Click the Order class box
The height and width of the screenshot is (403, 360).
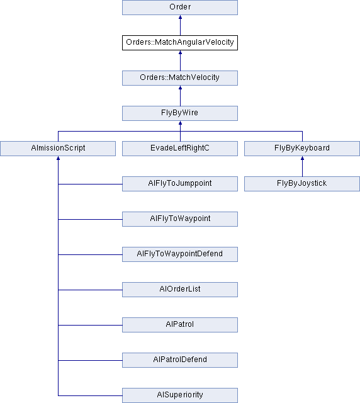pos(180,7)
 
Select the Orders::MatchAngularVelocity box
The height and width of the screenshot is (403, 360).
pos(180,43)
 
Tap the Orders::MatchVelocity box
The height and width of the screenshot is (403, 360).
pos(180,78)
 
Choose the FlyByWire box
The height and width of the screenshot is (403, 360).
pos(180,113)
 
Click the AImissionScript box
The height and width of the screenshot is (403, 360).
pos(58,149)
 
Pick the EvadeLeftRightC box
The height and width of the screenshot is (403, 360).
pos(180,149)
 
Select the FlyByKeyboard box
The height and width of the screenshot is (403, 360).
pos(302,149)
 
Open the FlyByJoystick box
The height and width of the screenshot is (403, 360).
pos(302,184)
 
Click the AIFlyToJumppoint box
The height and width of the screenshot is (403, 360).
pos(180,184)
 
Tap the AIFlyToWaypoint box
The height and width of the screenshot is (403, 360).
pos(180,219)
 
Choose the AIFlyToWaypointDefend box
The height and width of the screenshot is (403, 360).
pos(180,254)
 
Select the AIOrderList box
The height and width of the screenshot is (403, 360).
pos(180,290)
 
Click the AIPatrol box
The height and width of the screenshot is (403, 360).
pos(180,325)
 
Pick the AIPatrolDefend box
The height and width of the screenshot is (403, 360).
pos(180,360)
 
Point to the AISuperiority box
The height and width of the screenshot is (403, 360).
pos(180,395)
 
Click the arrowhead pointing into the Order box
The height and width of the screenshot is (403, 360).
pos(180,17)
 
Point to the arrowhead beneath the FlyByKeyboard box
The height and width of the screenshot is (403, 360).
pos(302,158)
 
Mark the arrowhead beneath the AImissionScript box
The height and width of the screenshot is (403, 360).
pos(58,158)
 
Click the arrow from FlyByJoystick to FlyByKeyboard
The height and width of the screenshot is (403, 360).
pos(302,166)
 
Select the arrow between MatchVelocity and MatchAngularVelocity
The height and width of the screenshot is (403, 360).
pos(180,60)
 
